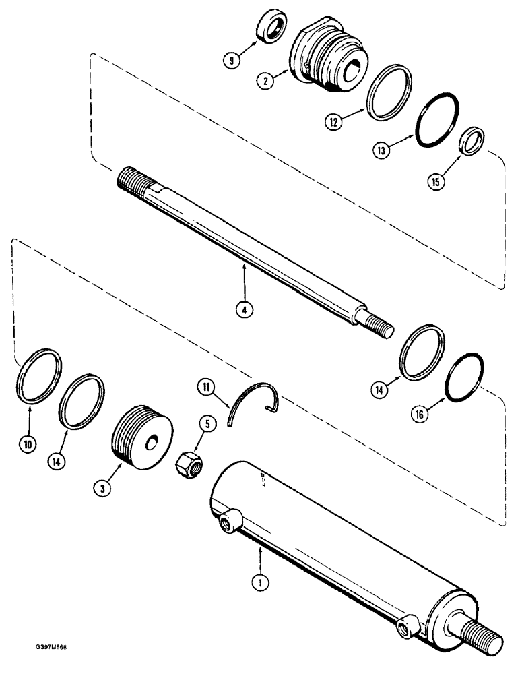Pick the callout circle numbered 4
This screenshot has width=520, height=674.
click(244, 311)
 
